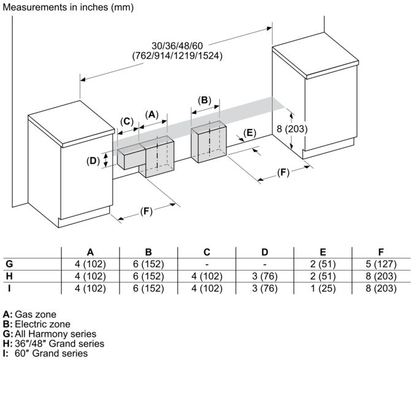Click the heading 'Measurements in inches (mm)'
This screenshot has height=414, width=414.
(67, 7)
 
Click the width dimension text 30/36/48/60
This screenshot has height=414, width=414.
(178, 45)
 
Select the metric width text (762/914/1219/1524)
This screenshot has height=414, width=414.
(178, 55)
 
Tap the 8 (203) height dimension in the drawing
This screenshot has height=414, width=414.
(292, 129)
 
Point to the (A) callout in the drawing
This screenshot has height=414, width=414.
(152, 114)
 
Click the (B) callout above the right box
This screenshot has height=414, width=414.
(205, 100)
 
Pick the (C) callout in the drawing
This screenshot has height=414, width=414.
(126, 121)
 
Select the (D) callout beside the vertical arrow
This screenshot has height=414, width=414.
(93, 161)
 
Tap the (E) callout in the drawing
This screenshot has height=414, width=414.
(250, 132)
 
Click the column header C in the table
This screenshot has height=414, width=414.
(207, 251)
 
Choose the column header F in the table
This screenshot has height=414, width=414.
(381, 251)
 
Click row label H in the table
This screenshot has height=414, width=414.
(9, 276)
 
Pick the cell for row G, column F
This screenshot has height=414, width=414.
(381, 264)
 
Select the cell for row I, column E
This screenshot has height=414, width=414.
(323, 288)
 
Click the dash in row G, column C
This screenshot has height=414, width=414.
(207, 264)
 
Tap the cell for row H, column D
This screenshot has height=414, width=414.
(265, 276)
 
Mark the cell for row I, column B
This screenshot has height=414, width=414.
(148, 288)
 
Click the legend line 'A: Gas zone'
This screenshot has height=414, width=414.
(29, 314)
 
